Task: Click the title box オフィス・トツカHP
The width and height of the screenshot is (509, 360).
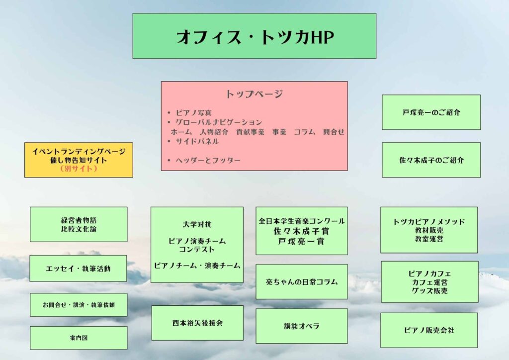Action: click(254, 36)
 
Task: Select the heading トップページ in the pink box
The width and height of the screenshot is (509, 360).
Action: click(254, 94)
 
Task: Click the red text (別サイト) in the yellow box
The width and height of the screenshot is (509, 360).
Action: click(79, 169)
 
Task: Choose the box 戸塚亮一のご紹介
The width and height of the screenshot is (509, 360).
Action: click(431, 112)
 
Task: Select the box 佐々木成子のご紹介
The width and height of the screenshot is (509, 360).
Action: click(431, 160)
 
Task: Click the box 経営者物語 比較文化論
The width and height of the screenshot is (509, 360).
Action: click(79, 224)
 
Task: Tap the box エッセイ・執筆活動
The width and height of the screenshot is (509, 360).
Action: click(78, 269)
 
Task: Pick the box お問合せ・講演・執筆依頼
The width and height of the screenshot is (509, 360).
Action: click(78, 305)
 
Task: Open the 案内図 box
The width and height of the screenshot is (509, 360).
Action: click(78, 338)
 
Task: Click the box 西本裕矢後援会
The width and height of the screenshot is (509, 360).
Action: click(197, 323)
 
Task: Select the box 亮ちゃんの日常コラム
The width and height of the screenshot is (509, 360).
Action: click(301, 281)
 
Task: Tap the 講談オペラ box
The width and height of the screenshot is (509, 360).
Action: click(301, 326)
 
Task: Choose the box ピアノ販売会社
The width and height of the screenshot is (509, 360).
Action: click(428, 330)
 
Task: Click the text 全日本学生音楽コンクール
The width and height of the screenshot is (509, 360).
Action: click(301, 221)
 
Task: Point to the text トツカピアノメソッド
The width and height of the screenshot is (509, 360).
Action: click(429, 221)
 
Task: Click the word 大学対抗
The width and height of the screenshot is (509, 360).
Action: click(197, 224)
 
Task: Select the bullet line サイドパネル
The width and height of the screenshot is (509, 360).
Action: click(197, 141)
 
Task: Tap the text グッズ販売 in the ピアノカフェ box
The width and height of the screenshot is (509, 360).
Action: click(429, 291)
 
